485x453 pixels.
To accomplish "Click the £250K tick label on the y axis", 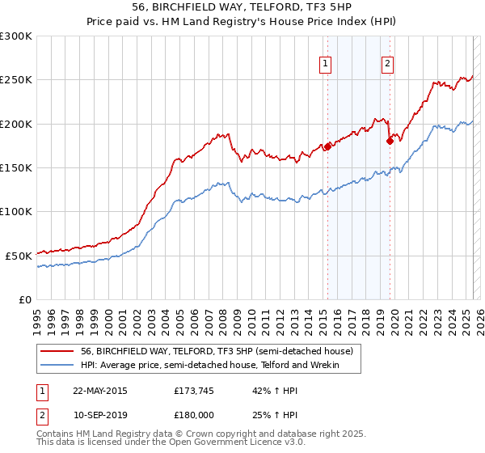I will [16, 80].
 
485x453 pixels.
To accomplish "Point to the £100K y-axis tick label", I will [16, 211].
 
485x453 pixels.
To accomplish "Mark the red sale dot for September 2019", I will [390, 141].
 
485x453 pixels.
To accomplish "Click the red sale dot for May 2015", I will [327, 146].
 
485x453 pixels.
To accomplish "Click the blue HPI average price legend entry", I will [209, 366].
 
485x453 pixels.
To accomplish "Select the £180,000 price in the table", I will [193, 414].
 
